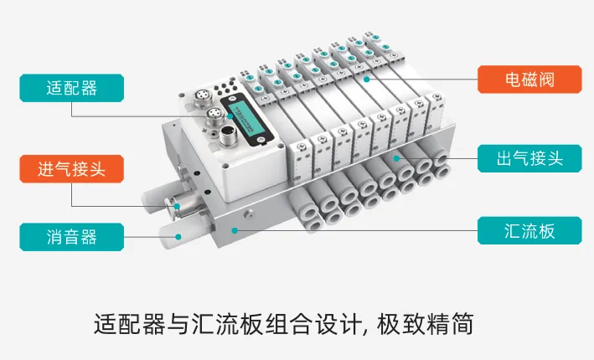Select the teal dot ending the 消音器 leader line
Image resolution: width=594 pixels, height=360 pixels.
[177, 237]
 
